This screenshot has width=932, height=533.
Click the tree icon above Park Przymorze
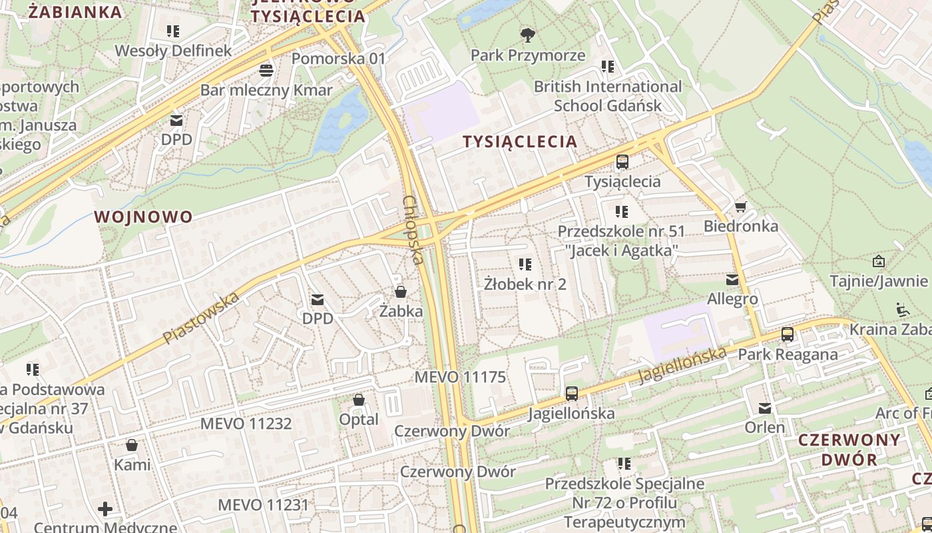coord(528,35)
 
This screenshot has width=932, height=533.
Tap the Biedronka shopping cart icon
coord(740,207)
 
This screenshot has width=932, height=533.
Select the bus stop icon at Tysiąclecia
coord(622,161)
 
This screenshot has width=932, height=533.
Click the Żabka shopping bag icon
coord(401,291)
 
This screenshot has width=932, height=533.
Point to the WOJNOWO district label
coord(143,217)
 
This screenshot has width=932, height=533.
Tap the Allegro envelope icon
coord(732,280)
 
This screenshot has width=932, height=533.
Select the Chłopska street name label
coord(413,230)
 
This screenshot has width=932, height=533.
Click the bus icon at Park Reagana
coord(788,334)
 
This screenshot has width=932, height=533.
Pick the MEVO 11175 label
coord(460,377)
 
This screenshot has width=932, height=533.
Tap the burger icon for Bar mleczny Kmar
coord(266,70)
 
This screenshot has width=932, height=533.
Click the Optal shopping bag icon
coord(359,400)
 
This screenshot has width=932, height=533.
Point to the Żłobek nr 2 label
coord(525,284)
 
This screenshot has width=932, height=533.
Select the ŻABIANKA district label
coord(75,11)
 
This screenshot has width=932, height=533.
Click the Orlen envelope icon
coord(765,408)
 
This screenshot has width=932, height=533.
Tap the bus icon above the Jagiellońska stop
coord(571,393)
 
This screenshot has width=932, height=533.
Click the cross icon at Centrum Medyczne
coord(105,510)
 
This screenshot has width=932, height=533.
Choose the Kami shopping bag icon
coord(132,445)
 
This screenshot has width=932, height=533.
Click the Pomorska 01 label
coord(339,59)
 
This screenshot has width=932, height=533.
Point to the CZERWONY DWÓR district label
coord(849,450)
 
